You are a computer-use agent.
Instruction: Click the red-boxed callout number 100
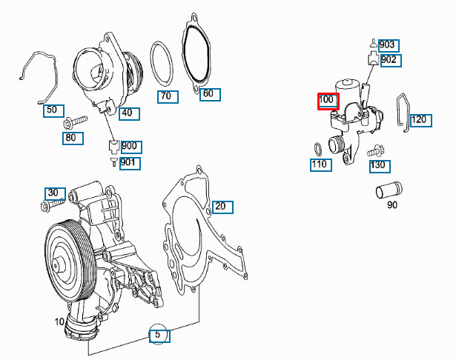[328, 101]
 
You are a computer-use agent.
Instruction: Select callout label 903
[387, 44]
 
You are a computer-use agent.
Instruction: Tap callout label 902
[389, 59]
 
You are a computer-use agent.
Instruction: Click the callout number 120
[420, 119]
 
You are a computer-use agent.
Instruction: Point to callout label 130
[378, 165]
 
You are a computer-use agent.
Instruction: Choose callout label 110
[320, 164]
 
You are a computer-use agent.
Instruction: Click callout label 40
[127, 113]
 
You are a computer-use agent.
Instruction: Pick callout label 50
[51, 110]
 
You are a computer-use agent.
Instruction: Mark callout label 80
[70, 136]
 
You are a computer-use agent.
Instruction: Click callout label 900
[130, 147]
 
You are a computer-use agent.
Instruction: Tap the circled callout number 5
[157, 335]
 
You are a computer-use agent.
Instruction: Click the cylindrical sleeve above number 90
[386, 191]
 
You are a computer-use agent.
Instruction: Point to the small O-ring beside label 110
[320, 146]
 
